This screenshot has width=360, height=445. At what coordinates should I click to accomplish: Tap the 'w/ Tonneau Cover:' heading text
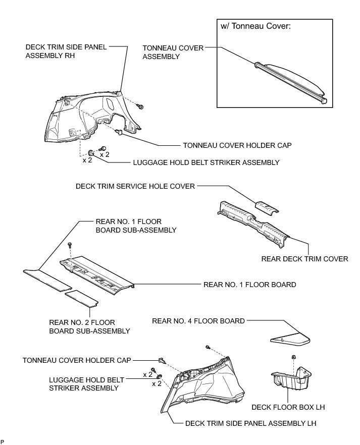[254, 27]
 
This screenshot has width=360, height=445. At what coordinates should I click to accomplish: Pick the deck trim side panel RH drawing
[93, 116]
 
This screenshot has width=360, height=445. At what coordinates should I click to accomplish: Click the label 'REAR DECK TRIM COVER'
[304, 259]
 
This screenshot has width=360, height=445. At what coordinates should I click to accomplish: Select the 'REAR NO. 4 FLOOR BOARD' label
[198, 320]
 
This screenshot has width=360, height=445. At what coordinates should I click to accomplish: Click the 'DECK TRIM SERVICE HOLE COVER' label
[135, 186]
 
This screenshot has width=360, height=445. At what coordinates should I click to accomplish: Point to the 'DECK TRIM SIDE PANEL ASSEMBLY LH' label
[250, 424]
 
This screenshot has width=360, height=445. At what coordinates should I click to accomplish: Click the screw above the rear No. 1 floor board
[69, 245]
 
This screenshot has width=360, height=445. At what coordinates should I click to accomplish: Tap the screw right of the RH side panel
[141, 107]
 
